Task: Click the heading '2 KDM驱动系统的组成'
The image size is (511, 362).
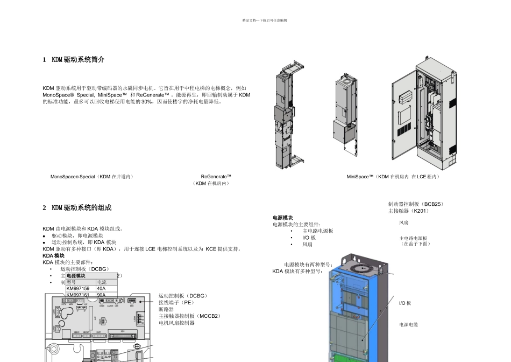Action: point(77,208)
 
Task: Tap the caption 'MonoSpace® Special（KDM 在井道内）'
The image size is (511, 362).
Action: point(92,177)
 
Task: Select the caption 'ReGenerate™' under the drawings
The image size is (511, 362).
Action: point(216,177)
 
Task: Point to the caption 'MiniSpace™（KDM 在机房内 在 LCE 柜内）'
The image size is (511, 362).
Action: point(393,177)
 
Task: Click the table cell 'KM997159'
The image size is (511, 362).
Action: point(78,289)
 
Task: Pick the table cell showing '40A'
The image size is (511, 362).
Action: point(101,289)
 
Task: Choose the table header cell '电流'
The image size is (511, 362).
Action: point(102,282)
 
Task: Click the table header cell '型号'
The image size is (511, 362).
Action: point(72,282)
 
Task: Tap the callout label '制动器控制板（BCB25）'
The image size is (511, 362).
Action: point(416,204)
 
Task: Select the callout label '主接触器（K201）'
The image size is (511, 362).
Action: point(409,211)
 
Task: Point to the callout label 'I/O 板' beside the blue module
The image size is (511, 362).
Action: point(405,303)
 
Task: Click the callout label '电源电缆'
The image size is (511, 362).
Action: point(408,325)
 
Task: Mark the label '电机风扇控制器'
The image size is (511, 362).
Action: point(176,323)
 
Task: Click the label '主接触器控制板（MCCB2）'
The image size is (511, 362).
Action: point(190,316)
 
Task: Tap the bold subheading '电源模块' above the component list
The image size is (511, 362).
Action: point(283,218)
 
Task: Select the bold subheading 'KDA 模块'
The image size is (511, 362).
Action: point(53,256)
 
